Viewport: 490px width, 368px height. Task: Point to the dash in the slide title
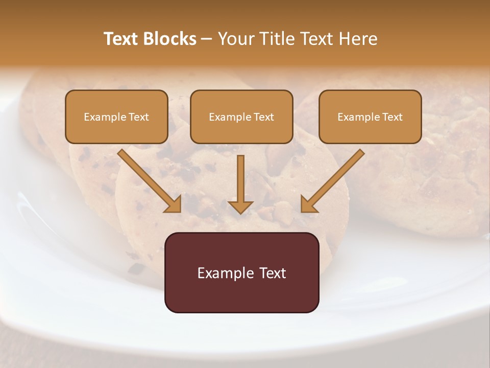coord(207,39)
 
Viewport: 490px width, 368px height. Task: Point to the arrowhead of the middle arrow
coord(240,206)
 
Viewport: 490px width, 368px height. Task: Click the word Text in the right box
coord(391,117)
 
